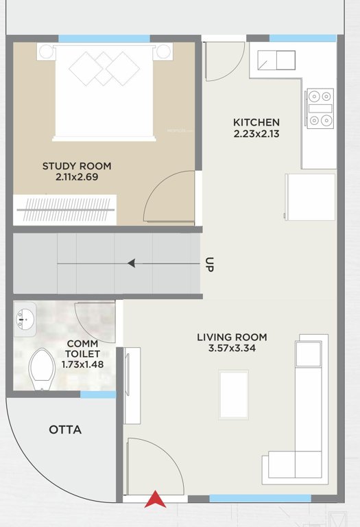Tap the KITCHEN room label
point(256,122)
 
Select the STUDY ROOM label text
point(77,166)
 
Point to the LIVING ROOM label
point(232,337)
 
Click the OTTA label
point(65,430)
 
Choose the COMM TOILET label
point(82,349)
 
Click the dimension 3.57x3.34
point(232,349)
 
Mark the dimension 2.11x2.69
point(77,178)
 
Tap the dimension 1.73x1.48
point(82,364)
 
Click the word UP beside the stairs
point(209,265)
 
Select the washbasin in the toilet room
point(25,318)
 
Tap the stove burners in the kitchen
point(319,108)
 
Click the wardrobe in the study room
point(65,209)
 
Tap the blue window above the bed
point(104,38)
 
